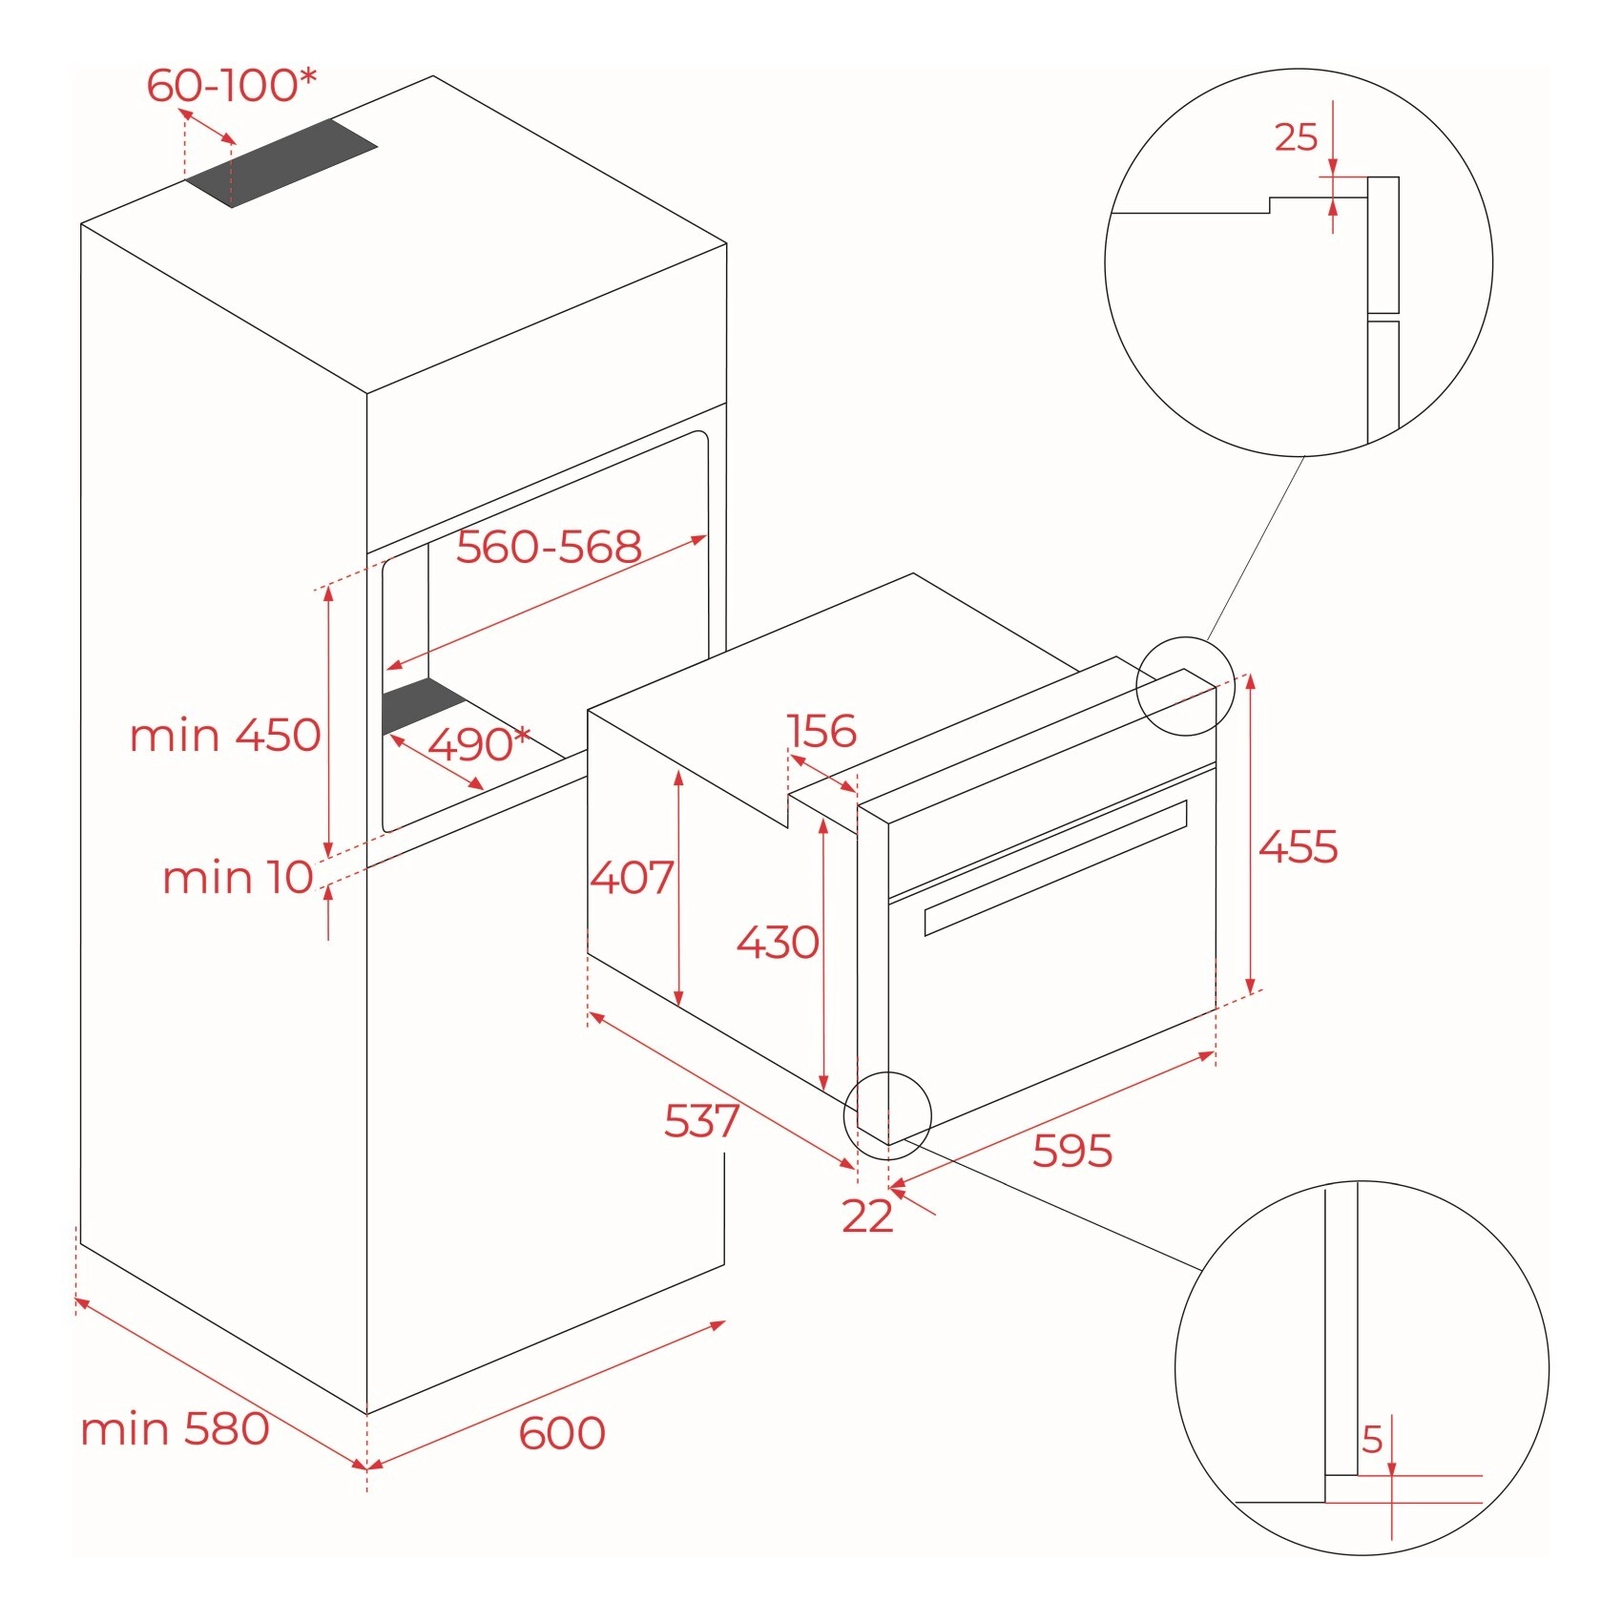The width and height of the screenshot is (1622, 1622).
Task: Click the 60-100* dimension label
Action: (x=231, y=86)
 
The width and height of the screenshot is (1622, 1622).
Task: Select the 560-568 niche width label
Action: (x=549, y=548)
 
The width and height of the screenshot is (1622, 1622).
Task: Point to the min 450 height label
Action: (x=225, y=736)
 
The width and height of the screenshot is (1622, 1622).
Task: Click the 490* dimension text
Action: (x=478, y=744)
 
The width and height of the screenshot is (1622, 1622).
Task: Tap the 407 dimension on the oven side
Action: (x=632, y=877)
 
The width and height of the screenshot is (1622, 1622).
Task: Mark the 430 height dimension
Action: (x=778, y=943)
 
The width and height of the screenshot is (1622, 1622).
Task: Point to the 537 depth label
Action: (x=702, y=1121)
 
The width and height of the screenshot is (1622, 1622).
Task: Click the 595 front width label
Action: (x=1072, y=1152)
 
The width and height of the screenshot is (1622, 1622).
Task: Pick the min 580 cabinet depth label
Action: (x=175, y=1429)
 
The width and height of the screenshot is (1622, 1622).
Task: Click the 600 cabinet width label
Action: (x=562, y=1433)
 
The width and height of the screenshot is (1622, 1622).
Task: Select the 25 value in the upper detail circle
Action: (x=1296, y=138)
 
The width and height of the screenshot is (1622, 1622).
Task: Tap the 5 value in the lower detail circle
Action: (x=1372, y=1439)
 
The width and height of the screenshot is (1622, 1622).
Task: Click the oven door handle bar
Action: (x=1055, y=867)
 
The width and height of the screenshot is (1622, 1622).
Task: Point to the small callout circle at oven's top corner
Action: (x=1185, y=686)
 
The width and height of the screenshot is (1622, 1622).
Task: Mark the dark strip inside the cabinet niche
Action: (x=423, y=706)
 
